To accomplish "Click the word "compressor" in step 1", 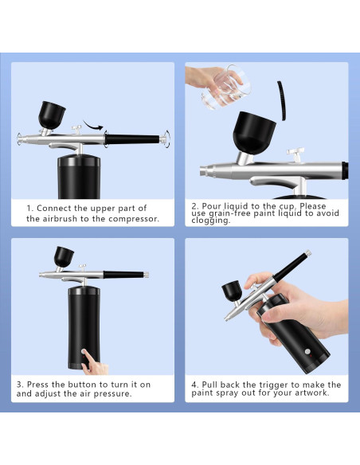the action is pos(133,219).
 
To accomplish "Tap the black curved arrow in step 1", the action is pos(93,126).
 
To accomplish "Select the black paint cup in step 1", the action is pos(52,115).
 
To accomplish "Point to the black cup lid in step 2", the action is pos(282,100).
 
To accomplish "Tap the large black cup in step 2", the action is pos(254,132).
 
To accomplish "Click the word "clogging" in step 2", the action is pos(210,221).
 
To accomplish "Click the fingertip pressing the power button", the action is pos(84,352).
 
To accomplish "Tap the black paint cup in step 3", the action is pos(64,257).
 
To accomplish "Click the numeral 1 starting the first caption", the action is pos(29,209).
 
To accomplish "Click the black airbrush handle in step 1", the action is pos(132,139).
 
